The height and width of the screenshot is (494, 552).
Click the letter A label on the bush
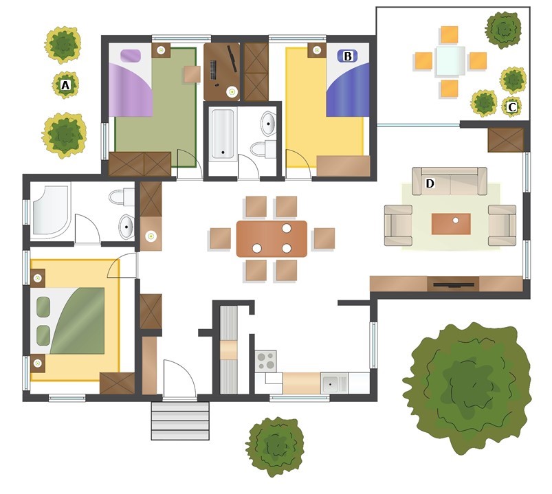(x=65, y=85)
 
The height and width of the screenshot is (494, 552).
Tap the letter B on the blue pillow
(x=347, y=56)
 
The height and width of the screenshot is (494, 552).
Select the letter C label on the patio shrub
(x=512, y=107)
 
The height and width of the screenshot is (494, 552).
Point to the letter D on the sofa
(x=430, y=183)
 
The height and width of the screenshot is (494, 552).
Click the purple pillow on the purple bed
(x=131, y=56)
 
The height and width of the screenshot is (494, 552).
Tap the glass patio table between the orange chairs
(x=450, y=61)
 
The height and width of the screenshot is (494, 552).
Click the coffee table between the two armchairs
(x=451, y=224)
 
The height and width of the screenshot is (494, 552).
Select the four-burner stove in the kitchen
(x=265, y=361)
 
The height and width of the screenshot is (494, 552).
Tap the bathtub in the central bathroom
(x=223, y=134)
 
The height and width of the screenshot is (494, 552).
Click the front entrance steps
(x=180, y=420)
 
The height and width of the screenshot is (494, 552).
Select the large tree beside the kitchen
(x=467, y=388)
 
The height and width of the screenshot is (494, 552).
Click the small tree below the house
(x=275, y=447)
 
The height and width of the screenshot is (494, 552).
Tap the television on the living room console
(x=453, y=284)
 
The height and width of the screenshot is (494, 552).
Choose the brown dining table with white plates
(x=272, y=239)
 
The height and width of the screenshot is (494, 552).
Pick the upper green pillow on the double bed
(x=43, y=307)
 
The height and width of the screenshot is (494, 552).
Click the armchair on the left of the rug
(x=398, y=225)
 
